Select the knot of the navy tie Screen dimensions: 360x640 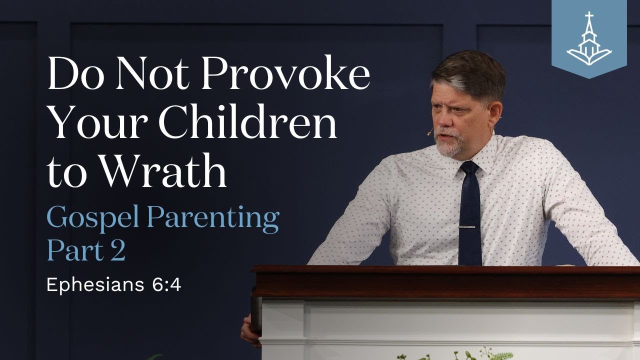point(469,168)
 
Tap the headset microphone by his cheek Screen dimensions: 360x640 point(429,132)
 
